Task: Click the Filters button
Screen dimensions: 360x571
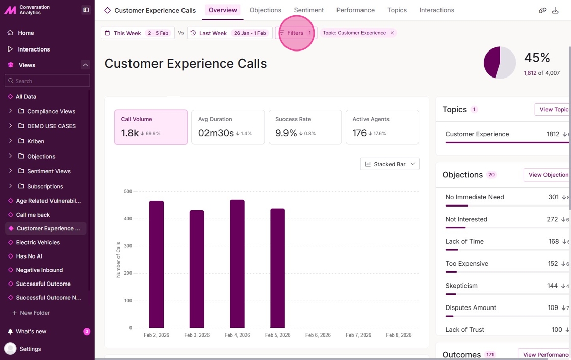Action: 296,33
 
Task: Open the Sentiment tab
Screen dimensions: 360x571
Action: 308,10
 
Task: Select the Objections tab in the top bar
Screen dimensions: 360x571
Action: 265,10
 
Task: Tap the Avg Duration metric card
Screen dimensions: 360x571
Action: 228,127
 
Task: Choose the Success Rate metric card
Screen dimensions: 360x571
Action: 305,127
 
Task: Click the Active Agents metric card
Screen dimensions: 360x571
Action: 382,127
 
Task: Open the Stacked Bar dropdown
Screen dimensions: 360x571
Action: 390,164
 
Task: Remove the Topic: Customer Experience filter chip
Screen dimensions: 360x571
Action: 392,33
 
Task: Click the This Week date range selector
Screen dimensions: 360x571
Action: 138,33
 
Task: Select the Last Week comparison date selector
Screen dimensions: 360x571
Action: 229,33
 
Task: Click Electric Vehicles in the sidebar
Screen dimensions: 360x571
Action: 38,242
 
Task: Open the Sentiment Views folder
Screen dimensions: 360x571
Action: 48,171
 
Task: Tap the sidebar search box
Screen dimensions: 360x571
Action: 47,81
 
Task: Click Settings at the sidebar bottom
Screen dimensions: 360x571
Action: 30,349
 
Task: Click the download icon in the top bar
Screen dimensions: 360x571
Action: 555,10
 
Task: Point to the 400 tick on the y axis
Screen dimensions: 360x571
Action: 128,219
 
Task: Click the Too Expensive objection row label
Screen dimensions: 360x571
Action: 466,264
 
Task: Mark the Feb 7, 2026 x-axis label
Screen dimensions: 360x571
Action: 358,335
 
